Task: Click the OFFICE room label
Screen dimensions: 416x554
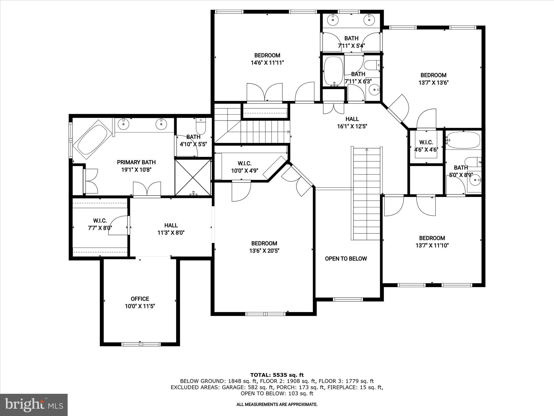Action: (x=140, y=299)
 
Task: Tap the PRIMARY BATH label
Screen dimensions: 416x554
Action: (x=136, y=162)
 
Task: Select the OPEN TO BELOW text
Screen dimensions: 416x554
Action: (x=346, y=259)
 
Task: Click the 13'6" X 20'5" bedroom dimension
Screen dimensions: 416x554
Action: (x=264, y=251)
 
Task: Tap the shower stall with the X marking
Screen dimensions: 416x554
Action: (x=193, y=177)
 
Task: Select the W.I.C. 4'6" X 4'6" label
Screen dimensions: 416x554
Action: (x=426, y=146)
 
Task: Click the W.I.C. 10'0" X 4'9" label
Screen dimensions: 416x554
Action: (x=245, y=167)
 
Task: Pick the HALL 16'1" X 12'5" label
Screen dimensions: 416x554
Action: (x=352, y=122)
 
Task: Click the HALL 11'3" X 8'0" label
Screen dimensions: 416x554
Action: (x=171, y=229)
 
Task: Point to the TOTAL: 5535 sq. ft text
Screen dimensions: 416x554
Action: (x=277, y=375)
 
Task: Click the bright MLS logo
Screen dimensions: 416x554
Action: (x=34, y=405)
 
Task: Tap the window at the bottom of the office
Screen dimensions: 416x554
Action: (x=141, y=344)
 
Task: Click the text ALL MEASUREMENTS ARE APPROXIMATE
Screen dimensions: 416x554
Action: (x=277, y=404)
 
